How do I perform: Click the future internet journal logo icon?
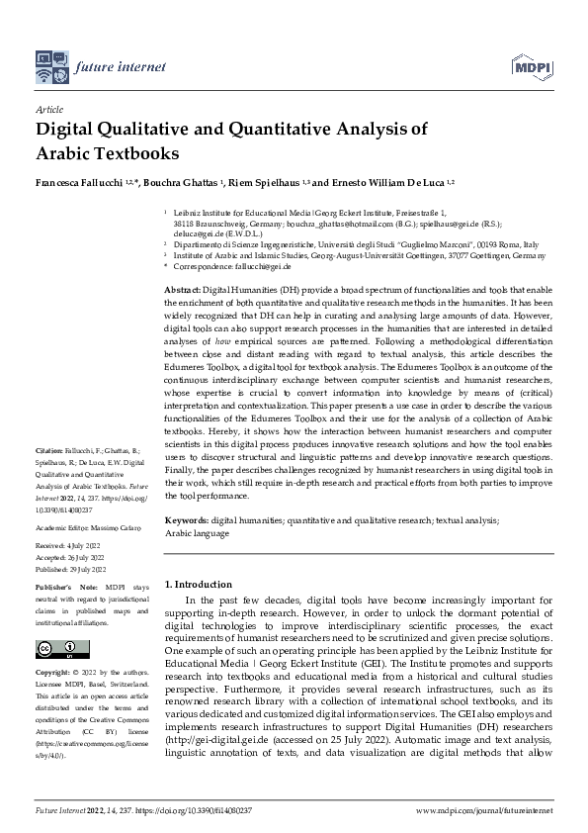pos(51,66)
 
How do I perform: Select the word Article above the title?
pos(49,111)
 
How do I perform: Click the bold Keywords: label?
pos(186,519)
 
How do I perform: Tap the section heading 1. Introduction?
pos(198,585)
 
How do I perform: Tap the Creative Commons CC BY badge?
pos(57,648)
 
